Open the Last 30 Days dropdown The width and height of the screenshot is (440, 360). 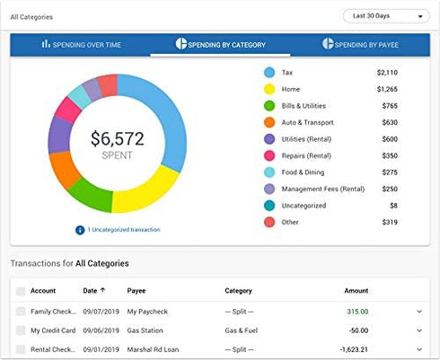coord(386,16)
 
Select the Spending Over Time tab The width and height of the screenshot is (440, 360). coord(81,44)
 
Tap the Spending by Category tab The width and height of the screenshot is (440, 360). coord(220,44)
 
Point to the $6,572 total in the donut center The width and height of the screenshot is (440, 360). coord(117,138)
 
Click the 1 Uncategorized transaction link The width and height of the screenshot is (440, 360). coord(123,230)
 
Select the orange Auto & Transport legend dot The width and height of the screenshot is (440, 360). coord(269,122)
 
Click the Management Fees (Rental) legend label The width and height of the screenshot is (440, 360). coord(323,189)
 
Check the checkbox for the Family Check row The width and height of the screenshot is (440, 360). coord(21,312)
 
